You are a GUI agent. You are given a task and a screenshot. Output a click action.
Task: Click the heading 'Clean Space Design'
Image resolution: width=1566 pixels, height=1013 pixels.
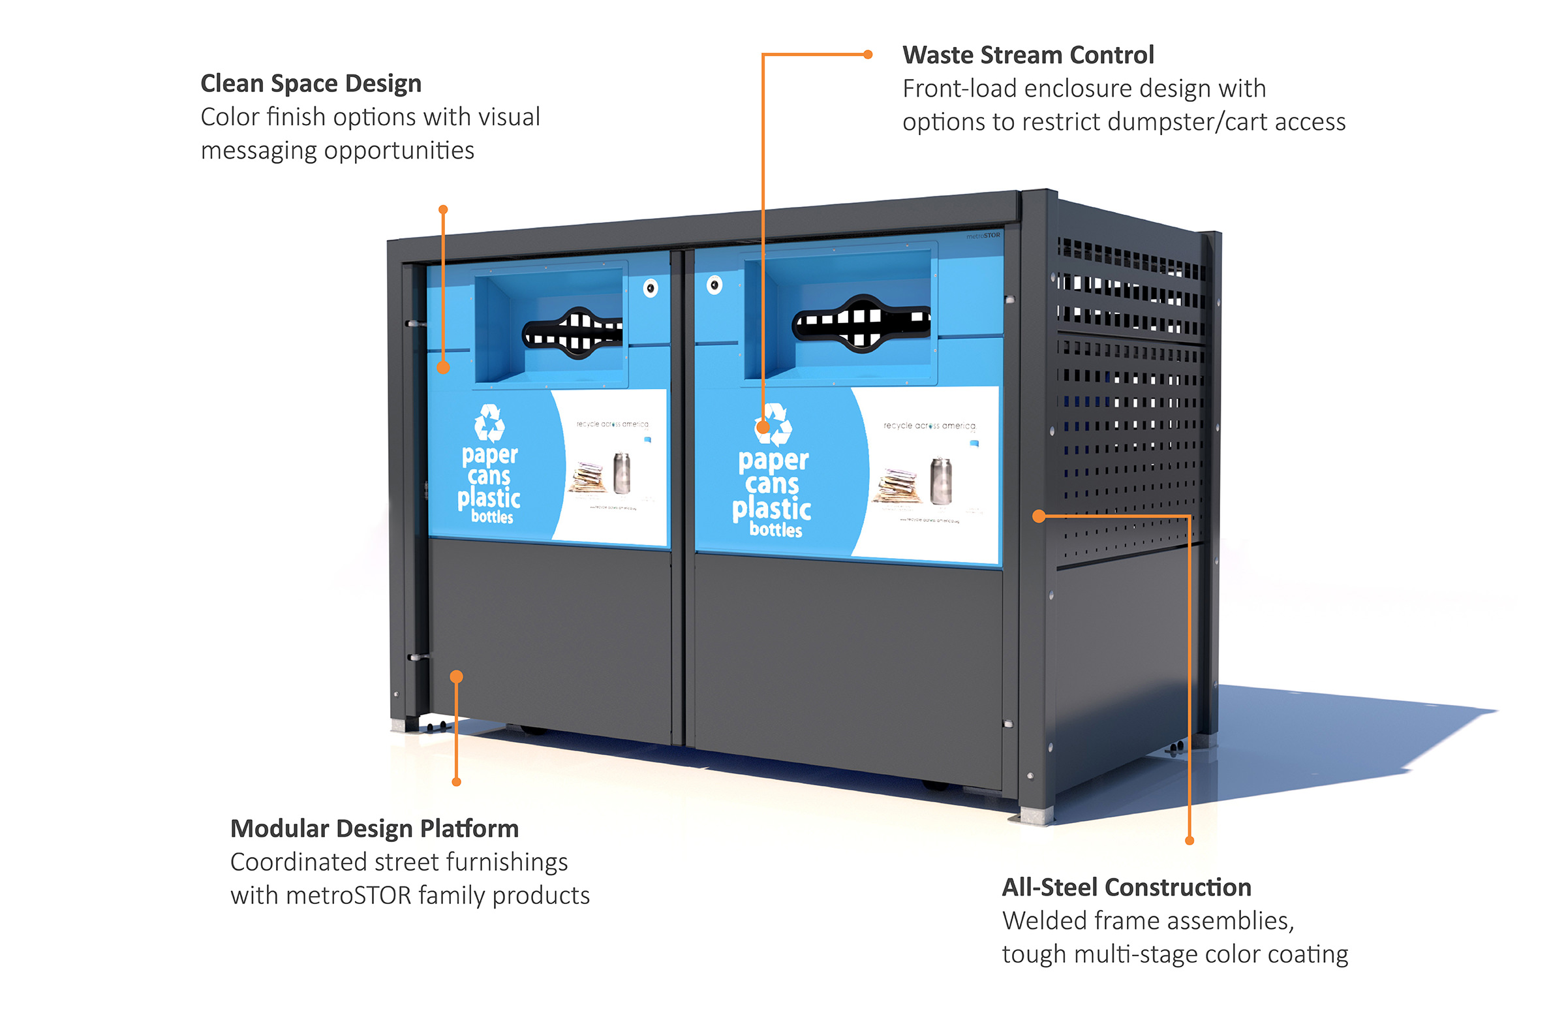pos(311,84)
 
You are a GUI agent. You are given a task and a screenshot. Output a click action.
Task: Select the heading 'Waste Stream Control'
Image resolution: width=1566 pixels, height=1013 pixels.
pos(1027,55)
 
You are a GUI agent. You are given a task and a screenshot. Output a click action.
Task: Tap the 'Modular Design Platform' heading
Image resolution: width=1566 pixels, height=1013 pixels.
pos(374,828)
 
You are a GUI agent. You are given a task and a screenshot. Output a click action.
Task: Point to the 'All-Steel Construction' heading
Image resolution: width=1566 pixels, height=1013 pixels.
pos(1126,887)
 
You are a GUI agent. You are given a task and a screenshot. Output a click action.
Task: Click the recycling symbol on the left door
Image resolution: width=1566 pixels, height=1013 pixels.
pos(489,423)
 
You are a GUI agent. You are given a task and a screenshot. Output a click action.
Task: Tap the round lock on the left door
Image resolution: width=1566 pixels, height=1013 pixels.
pos(650,288)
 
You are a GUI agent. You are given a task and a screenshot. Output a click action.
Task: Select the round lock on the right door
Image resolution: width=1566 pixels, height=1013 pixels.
pos(714,285)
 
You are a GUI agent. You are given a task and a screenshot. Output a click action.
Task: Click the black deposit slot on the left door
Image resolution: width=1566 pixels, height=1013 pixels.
pos(572,333)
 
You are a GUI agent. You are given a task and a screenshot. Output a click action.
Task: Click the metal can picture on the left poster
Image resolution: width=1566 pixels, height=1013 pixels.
pos(621,472)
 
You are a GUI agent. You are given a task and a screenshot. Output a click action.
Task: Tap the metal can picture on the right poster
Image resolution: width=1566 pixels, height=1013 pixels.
pos(941,481)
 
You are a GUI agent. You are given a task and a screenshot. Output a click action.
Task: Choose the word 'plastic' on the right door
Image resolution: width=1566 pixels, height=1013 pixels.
pos(771,508)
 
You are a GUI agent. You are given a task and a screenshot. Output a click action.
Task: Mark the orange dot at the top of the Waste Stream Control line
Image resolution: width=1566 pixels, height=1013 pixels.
pos(868,55)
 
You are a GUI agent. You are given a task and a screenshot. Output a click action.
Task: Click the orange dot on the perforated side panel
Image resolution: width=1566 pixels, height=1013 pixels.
pos(1039,516)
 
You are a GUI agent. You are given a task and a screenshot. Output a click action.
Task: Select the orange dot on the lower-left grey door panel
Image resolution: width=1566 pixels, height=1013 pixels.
pos(456,677)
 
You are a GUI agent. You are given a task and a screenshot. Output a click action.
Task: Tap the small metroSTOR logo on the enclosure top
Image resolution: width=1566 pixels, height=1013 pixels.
pos(983,236)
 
